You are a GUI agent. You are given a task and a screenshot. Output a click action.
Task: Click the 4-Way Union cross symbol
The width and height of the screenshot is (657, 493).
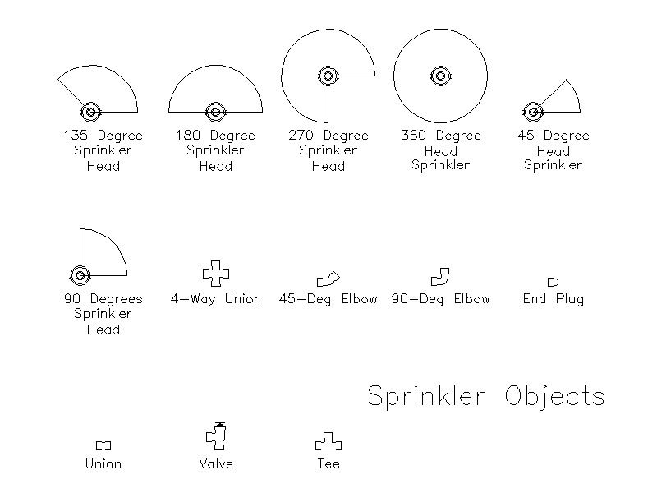coord(216,274)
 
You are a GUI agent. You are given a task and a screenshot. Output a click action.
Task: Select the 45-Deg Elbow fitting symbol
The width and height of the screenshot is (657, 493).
coord(328,279)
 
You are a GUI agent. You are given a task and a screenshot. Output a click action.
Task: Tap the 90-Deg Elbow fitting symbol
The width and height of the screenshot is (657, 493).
coord(440,277)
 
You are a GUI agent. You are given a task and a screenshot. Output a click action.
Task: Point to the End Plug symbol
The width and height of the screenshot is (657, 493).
coord(553,282)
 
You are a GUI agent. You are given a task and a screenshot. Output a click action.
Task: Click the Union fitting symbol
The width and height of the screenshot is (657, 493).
coord(103,445)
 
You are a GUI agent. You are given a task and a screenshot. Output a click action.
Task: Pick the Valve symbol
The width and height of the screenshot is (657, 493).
coord(216,436)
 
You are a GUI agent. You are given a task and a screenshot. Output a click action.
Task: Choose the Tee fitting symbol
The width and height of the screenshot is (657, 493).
coord(328,441)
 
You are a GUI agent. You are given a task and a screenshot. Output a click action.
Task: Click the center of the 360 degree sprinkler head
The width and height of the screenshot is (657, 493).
coord(440,76)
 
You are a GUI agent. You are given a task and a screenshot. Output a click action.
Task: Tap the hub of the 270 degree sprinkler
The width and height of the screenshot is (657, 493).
coord(328,76)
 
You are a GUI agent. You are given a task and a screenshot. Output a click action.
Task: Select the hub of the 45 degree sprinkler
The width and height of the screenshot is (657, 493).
coord(533,112)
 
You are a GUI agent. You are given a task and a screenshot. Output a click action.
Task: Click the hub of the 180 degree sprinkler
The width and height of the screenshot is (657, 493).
coord(216,112)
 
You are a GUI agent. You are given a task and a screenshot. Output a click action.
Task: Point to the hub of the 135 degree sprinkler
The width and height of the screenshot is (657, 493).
coord(90,112)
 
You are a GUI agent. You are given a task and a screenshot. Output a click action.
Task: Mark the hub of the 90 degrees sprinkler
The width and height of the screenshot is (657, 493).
coord(80,275)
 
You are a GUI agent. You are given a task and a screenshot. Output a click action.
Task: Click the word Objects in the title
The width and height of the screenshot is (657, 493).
coord(555,395)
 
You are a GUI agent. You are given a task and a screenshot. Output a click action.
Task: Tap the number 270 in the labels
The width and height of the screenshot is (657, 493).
coord(301,135)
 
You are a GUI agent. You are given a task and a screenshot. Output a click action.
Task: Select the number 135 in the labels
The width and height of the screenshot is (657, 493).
coord(76,135)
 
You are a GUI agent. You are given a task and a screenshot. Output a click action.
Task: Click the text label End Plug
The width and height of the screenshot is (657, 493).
coord(553,299)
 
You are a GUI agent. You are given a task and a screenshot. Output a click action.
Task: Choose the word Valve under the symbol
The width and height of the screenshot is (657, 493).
coord(216,463)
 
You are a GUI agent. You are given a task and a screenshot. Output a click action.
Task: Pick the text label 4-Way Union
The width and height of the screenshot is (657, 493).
coord(216,299)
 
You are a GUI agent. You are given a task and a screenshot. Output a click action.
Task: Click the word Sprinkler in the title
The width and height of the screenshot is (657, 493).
coord(426,395)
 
